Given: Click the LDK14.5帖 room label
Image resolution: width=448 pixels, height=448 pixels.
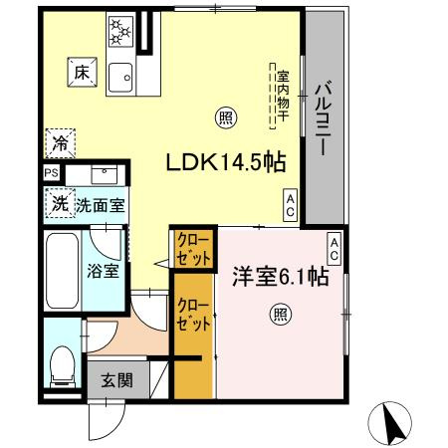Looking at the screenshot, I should click(x=220, y=162).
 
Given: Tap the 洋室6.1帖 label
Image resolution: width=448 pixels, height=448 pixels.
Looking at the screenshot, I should click(x=282, y=277).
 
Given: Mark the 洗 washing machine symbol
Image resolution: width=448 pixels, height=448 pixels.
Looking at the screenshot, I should click(x=60, y=204).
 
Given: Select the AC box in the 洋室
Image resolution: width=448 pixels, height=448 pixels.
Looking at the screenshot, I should click(x=335, y=249).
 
